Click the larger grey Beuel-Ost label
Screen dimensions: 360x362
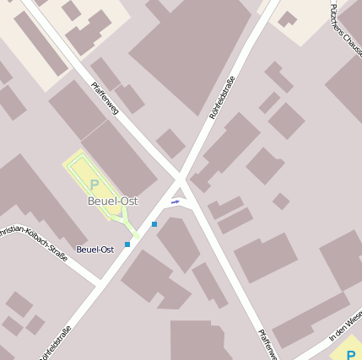tap(112, 201)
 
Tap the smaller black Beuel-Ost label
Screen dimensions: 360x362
tap(95, 250)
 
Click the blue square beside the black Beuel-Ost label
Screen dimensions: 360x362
tap(127, 244)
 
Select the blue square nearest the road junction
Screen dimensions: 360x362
tap(154, 224)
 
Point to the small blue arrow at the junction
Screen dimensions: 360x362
tap(176, 201)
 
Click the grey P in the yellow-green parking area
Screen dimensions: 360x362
tap(95, 185)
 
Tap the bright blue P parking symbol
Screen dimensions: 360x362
tap(350, 352)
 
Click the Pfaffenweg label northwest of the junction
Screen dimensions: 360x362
tap(105, 98)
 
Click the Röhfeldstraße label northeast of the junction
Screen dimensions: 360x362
tap(222, 97)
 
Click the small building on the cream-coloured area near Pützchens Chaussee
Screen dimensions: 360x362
tap(288, 19)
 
